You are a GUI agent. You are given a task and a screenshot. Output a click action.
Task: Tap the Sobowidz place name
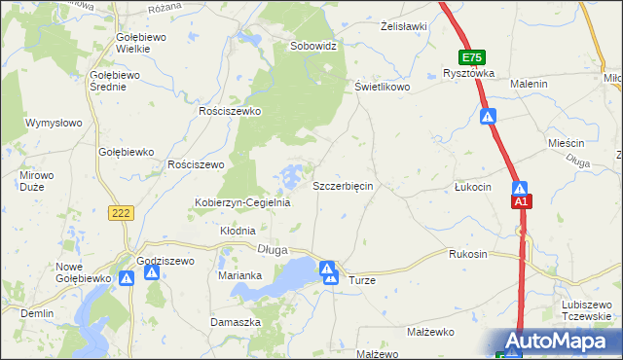click(x=313, y=46)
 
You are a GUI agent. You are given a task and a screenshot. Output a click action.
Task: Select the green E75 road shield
click(x=473, y=57)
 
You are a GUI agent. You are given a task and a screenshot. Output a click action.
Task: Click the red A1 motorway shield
click(x=522, y=201)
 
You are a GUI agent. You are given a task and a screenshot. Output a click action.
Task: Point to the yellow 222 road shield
click(x=121, y=214)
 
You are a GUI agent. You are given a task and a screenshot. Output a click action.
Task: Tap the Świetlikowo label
click(x=382, y=87)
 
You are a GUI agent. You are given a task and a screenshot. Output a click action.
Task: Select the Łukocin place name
click(x=473, y=186)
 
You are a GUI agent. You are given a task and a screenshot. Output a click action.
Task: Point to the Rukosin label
click(x=467, y=254)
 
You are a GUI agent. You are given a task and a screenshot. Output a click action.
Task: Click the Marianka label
click(x=240, y=275)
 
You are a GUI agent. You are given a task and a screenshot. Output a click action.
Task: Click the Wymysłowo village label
click(x=54, y=124)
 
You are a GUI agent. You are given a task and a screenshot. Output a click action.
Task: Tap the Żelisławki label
click(x=404, y=26)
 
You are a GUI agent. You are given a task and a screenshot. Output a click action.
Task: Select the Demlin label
click(x=37, y=314)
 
